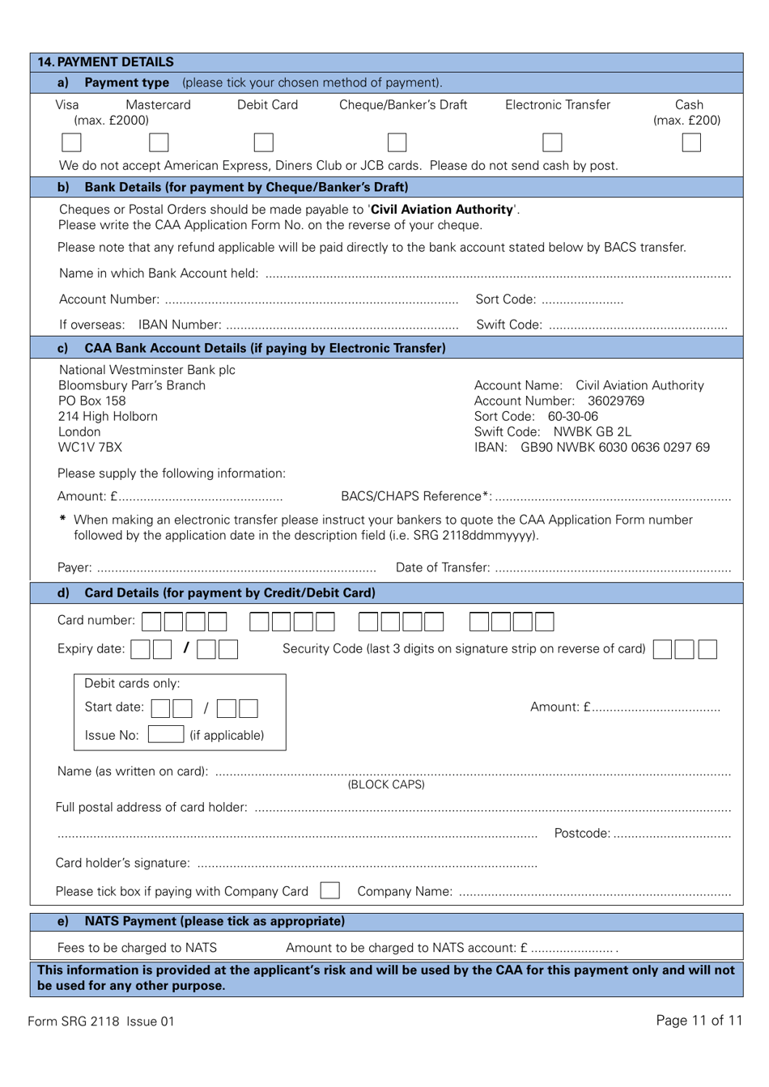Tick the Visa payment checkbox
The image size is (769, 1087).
click(x=71, y=142)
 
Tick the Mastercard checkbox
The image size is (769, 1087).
click(x=159, y=142)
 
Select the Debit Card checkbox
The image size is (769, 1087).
click(x=263, y=142)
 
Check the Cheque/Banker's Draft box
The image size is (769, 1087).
click(x=397, y=142)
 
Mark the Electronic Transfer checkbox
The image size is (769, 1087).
click(x=552, y=142)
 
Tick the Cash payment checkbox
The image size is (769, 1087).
click(x=691, y=142)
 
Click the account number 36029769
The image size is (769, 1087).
click(x=616, y=401)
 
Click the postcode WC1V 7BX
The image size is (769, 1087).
click(x=90, y=447)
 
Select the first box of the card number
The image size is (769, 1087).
click(x=151, y=622)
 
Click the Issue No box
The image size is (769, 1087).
click(x=166, y=734)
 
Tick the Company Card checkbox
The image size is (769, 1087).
click(x=329, y=890)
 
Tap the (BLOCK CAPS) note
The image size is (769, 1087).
click(x=386, y=784)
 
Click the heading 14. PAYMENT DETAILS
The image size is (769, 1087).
click(x=105, y=62)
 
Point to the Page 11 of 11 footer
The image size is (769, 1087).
click(x=699, y=1020)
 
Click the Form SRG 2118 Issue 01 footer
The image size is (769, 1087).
click(x=101, y=1021)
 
